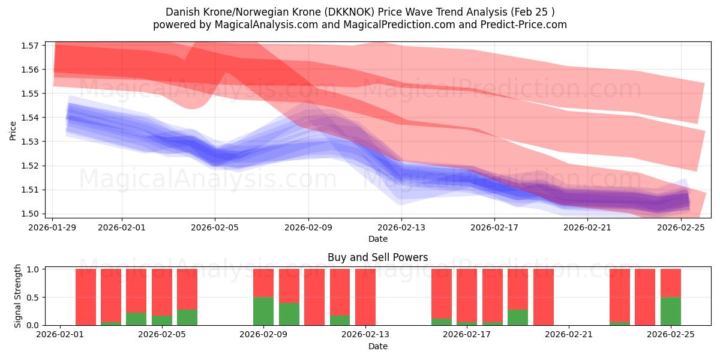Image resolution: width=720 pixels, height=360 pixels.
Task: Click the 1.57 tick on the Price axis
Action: [31, 46]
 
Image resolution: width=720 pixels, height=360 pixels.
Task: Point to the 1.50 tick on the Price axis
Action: [31, 214]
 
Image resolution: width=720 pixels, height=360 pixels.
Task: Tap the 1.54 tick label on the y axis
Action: [31, 118]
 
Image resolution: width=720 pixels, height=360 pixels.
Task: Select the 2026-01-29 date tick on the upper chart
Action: [53, 228]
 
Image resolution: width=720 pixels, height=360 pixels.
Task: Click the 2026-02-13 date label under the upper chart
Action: [401, 228]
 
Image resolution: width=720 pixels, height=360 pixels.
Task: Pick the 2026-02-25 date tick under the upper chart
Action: [681, 228]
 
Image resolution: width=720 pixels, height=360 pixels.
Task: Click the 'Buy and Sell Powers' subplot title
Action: [377, 257]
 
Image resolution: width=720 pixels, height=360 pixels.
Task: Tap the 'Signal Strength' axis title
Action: [18, 296]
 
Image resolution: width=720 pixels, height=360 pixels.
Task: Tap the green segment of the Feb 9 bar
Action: [263, 311]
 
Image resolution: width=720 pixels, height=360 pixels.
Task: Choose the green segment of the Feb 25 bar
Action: [670, 311]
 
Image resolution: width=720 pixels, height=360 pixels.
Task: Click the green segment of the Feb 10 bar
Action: [289, 314]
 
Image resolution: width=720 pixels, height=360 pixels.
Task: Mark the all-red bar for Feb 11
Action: [314, 297]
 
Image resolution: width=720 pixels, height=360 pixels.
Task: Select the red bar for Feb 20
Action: [543, 297]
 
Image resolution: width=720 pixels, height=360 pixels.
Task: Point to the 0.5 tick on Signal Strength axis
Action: [35, 297]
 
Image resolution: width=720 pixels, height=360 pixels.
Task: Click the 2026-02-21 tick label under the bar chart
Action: [568, 335]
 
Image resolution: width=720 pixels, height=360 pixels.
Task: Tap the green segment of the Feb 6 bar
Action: [187, 317]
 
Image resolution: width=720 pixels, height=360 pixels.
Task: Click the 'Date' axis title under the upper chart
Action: [377, 239]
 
